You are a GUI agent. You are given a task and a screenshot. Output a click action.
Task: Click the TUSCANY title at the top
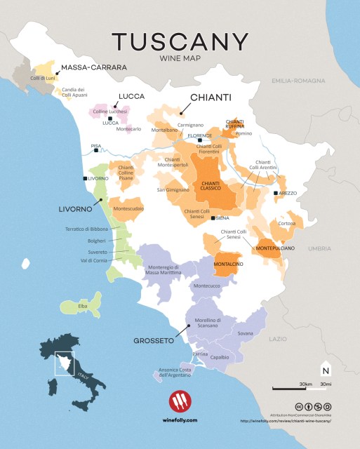(x=180, y=41)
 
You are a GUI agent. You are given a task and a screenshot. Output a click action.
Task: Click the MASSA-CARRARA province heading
(x=94, y=67)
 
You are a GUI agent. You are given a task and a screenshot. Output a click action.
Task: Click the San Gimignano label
(x=173, y=189)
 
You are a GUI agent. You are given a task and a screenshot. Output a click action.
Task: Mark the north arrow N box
(x=325, y=370)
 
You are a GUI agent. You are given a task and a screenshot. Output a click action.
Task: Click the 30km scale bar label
(x=306, y=384)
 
